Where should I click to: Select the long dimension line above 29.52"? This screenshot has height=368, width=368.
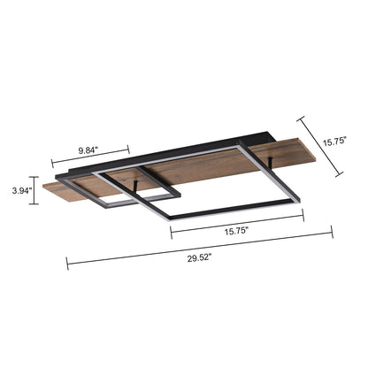(x=199, y=249)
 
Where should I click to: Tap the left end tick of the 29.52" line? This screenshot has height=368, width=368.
(x=68, y=264)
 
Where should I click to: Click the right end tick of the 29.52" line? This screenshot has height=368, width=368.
(x=331, y=234)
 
